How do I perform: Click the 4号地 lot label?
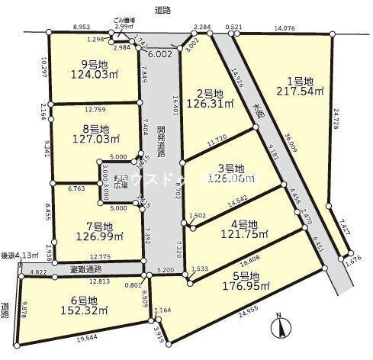pos(232,223)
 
